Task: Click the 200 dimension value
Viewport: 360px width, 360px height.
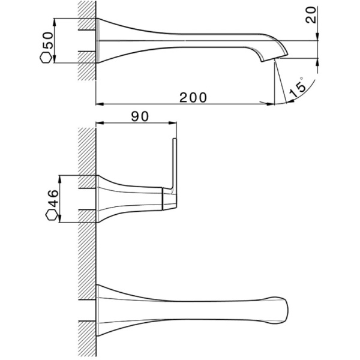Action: [x=193, y=96]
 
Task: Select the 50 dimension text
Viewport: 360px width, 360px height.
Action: [x=47, y=41]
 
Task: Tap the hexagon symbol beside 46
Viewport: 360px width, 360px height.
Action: [x=51, y=217]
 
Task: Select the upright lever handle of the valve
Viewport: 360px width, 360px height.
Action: [x=175, y=165]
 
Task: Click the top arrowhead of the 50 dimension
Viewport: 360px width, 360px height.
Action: [x=56, y=22]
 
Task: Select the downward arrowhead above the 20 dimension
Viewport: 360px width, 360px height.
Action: [x=316, y=37]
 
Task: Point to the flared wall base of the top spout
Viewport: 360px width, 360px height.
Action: [x=105, y=40]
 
